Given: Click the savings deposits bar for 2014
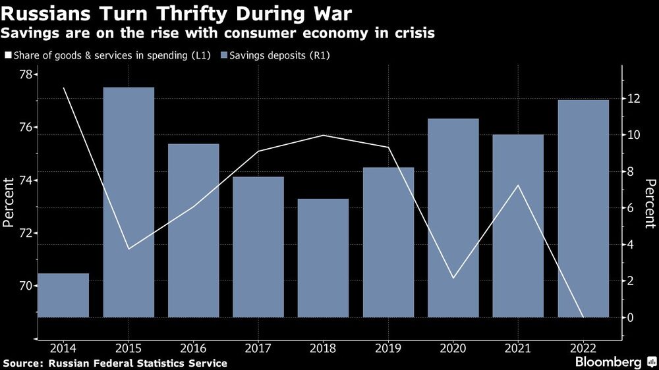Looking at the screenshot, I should (63, 295).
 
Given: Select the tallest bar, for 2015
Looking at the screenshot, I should (129, 201).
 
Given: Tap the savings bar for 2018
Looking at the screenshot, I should (323, 257).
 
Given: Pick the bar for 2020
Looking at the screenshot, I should (453, 218).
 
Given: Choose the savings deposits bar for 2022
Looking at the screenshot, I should (583, 208).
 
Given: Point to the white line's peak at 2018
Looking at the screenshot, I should (323, 135).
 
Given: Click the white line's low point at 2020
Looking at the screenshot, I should (453, 278).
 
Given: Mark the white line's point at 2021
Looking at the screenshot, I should (518, 186).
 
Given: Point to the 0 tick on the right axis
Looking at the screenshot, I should (631, 317).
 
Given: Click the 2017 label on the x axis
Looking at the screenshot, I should (258, 347).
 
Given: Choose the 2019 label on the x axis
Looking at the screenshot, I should (388, 347).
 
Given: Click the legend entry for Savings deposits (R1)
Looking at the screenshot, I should (279, 55).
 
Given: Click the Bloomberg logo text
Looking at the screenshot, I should (608, 362).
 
